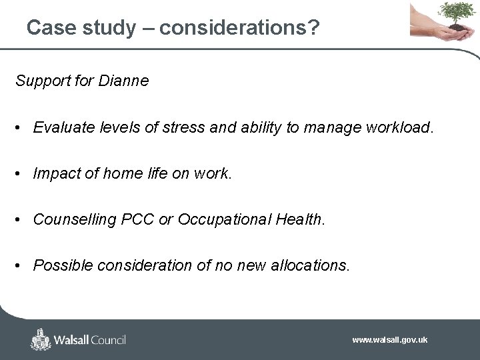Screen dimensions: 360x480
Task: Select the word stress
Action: tap(189, 127)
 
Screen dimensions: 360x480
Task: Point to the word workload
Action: tap(399, 127)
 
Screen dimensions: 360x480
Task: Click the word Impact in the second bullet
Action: tap(54, 173)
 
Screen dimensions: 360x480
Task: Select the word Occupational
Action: tap(226, 219)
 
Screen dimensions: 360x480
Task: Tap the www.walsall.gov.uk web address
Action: tap(390, 340)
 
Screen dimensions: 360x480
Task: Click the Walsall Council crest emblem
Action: tap(41, 339)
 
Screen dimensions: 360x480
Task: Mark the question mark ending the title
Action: tap(313, 27)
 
